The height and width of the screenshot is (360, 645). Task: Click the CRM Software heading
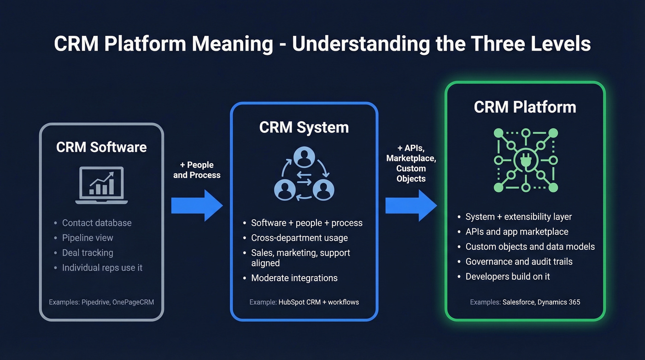101,147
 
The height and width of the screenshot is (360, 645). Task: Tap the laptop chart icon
102,185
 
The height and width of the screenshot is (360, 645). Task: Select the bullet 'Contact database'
97,223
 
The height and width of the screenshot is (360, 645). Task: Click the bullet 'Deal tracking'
88,253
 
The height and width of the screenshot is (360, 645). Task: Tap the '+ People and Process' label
197,170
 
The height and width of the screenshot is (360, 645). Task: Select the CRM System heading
304,127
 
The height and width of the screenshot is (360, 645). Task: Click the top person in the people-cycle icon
304,158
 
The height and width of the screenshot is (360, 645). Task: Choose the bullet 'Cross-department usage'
299,238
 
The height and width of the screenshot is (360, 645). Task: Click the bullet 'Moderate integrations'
294,278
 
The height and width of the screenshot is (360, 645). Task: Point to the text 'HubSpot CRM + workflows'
318,302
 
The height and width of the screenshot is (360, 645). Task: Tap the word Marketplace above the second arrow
411,158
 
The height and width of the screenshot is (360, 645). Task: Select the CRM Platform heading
525,107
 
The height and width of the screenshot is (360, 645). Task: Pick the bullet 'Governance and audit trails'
519,261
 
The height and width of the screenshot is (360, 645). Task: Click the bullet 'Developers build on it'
508,277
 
